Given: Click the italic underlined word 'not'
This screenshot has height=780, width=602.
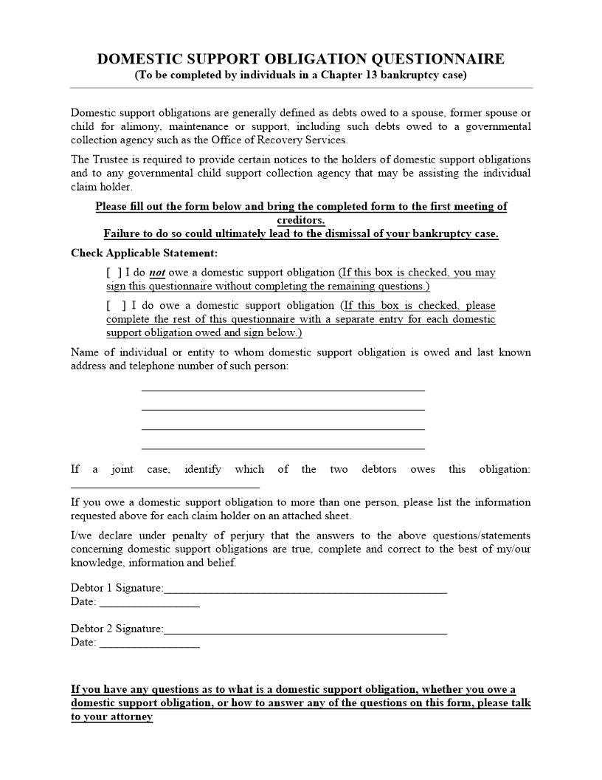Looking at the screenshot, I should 157,273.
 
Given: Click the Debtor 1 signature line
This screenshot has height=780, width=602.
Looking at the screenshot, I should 305,589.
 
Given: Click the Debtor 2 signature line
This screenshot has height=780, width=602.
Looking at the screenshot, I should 305,630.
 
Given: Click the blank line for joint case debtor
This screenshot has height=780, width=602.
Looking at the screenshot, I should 165,485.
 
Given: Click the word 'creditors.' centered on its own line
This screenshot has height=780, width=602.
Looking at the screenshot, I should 301,220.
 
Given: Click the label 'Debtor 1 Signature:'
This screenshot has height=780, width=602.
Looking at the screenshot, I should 117,588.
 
